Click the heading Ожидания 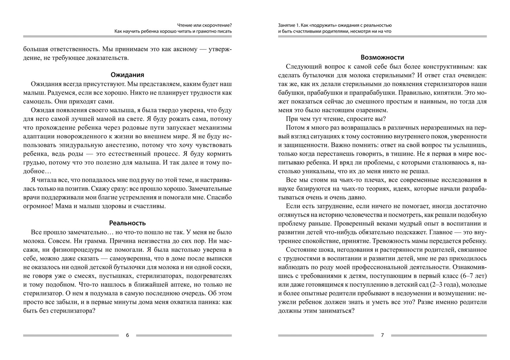[127, 75]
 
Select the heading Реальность [127, 223]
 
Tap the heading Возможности [382, 57]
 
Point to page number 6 [127, 335]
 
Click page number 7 [382, 335]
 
